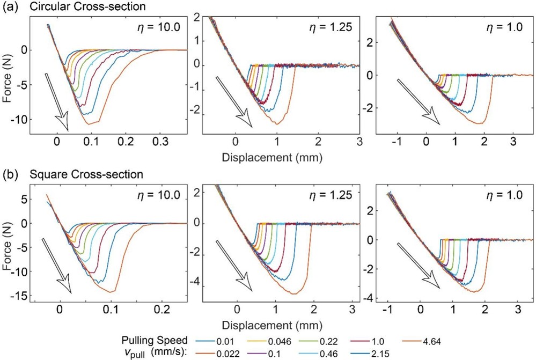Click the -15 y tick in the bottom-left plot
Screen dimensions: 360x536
pos(19,297)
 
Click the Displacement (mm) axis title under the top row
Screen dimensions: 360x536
pos(279,158)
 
